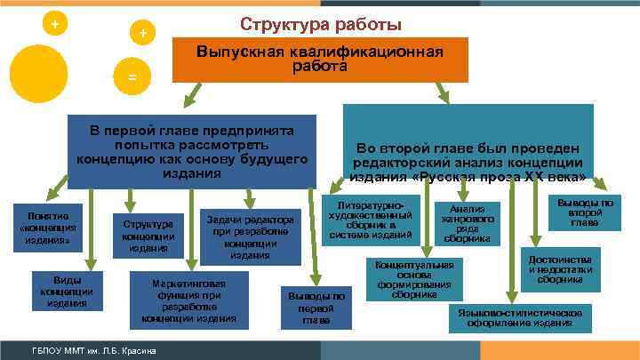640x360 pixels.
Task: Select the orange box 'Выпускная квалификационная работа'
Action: point(319,60)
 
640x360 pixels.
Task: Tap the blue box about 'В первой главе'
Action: point(192,151)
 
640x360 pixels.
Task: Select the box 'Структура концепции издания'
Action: point(148,235)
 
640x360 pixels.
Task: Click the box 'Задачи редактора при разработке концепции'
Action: point(252,236)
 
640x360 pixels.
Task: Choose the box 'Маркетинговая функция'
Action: point(192,300)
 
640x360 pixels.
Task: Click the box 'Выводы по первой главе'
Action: point(316,307)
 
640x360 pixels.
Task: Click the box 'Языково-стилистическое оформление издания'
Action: point(520,318)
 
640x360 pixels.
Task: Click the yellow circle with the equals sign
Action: point(132,77)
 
